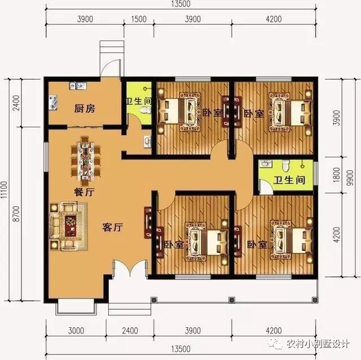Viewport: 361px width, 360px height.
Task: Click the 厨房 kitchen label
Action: click(x=85, y=109)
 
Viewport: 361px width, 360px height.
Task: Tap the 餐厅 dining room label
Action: click(x=83, y=192)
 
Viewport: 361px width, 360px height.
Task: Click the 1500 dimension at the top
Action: click(x=139, y=19)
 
